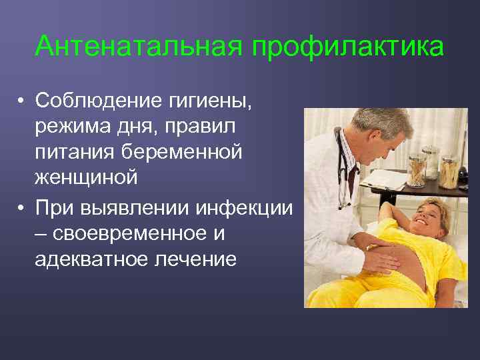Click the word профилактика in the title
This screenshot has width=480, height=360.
tap(347, 47)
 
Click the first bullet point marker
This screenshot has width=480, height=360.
tap(22, 101)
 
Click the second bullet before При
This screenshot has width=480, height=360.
tap(22, 208)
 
